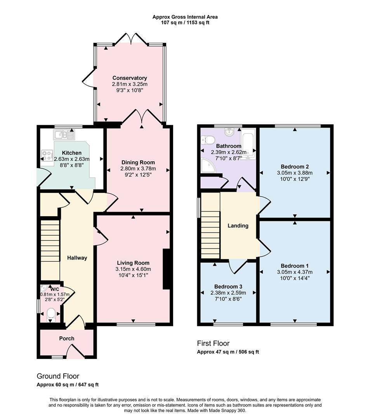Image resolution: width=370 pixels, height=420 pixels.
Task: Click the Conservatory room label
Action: pyautogui.click(x=130, y=78)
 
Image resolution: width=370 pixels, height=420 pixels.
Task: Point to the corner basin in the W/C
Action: pyautogui.click(x=43, y=289)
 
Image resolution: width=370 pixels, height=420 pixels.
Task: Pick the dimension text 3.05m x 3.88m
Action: pyautogui.click(x=294, y=173)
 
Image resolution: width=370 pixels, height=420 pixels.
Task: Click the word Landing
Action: pyautogui.click(x=238, y=226)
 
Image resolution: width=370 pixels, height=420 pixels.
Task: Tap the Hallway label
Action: pyautogui.click(x=77, y=257)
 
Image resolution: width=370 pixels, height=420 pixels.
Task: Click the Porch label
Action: pyautogui.click(x=66, y=338)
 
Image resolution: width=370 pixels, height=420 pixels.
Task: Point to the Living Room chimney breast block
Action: pyautogui.click(x=166, y=269)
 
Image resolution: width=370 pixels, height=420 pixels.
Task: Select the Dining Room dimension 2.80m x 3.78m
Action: pyautogui.click(x=138, y=168)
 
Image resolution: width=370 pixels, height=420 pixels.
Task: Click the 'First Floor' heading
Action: pyautogui.click(x=213, y=343)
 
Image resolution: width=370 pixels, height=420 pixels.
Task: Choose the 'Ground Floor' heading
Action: pyautogui.click(x=58, y=376)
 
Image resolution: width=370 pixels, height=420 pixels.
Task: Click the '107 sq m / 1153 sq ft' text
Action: pyautogui.click(x=185, y=23)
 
